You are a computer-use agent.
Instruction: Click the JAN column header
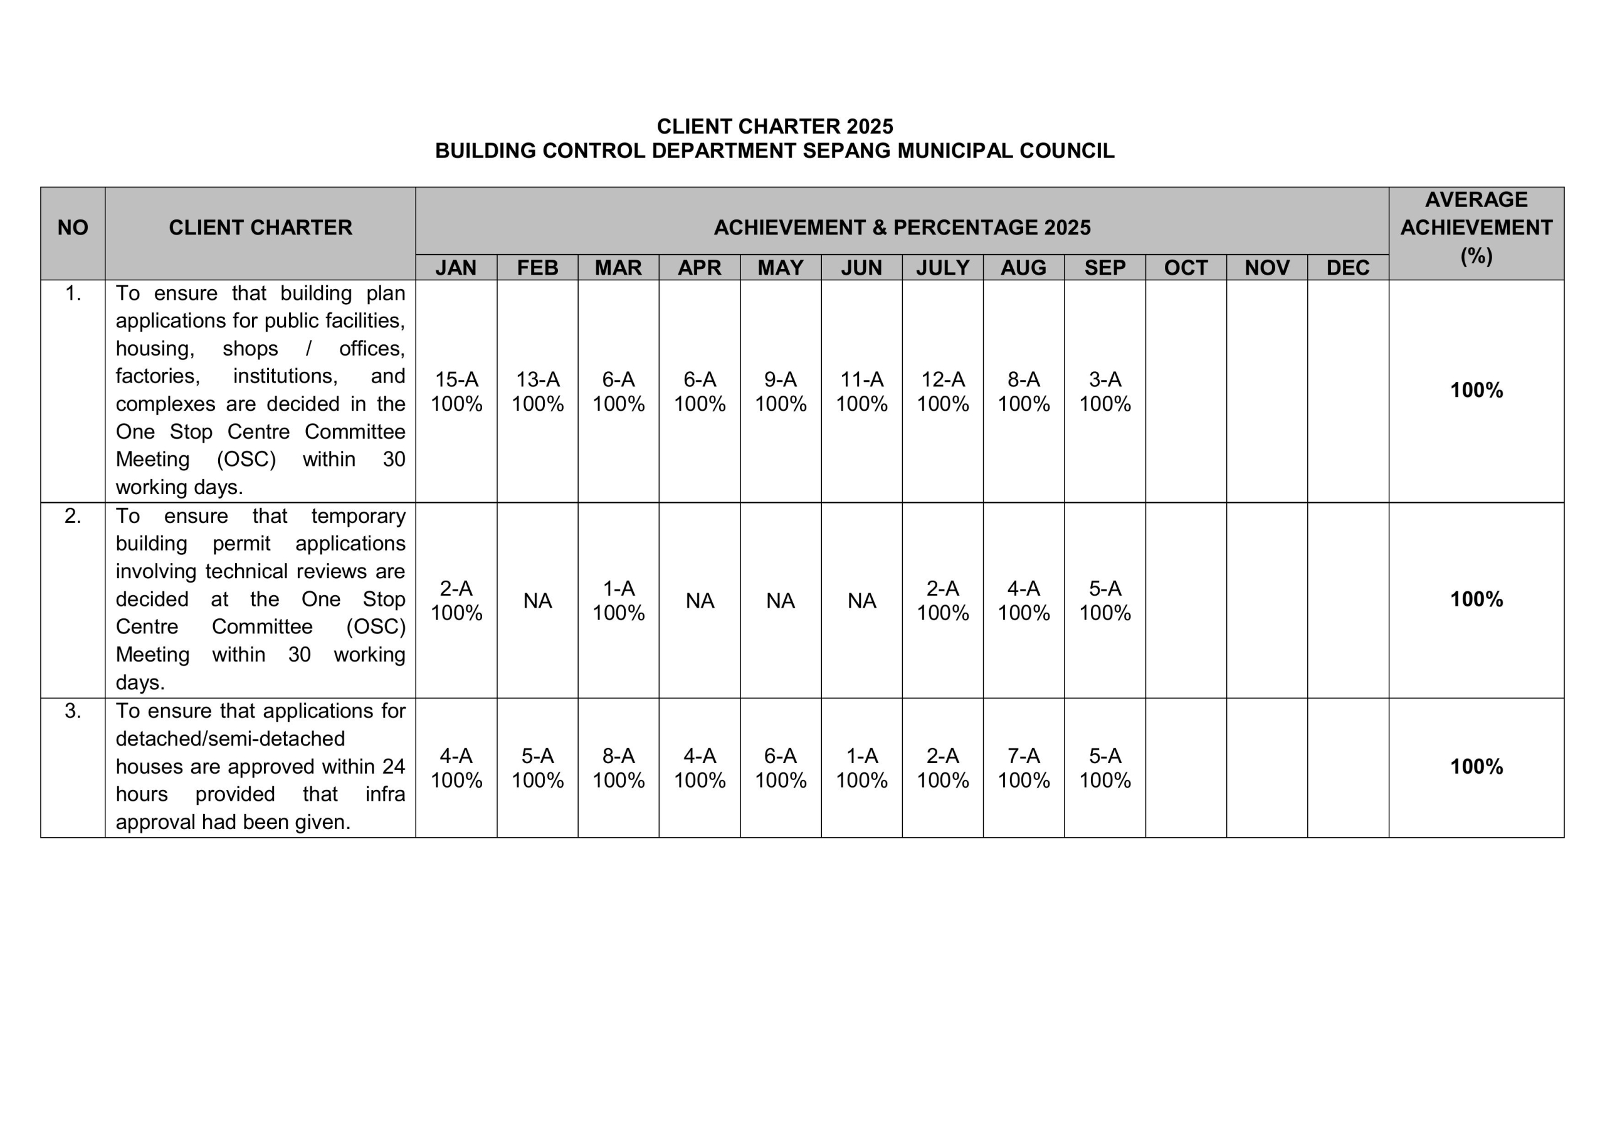(x=456, y=268)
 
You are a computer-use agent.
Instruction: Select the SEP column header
(x=1105, y=268)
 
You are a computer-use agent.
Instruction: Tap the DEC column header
(x=1348, y=268)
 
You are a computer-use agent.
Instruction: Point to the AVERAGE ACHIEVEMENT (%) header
(x=1476, y=227)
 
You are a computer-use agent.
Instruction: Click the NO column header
(x=73, y=227)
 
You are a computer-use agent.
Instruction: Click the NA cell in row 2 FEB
(x=537, y=601)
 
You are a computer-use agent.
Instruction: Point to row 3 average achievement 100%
(x=1476, y=766)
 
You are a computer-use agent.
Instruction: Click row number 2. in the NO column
(x=73, y=516)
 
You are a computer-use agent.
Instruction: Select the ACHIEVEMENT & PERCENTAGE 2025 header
(x=902, y=227)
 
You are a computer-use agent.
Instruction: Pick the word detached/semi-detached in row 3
(x=230, y=739)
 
